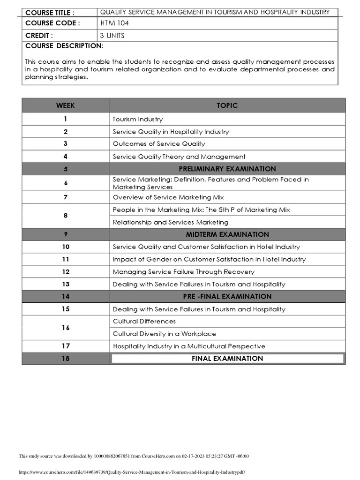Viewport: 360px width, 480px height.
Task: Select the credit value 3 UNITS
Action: click(x=113, y=35)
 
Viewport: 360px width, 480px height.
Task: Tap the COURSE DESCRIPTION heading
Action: click(x=64, y=45)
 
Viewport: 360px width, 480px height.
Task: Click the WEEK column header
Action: click(x=66, y=105)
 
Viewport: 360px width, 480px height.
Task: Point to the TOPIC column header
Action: click(x=227, y=105)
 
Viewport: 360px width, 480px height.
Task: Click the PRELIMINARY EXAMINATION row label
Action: click(x=227, y=169)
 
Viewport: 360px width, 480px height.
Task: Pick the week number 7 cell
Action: click(x=66, y=197)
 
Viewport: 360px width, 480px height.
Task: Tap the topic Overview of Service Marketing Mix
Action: click(x=168, y=197)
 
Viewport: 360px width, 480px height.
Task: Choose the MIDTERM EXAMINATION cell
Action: click(x=227, y=234)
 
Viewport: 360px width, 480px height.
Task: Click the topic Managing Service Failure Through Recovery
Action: click(x=184, y=272)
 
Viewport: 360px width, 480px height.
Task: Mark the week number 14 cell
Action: click(x=66, y=296)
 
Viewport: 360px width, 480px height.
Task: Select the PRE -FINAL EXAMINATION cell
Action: click(x=227, y=296)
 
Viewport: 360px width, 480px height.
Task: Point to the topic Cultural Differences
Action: click(x=144, y=322)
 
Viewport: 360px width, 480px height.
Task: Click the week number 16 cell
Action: click(x=66, y=328)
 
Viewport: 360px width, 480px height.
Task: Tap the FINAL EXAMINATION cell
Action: click(x=227, y=359)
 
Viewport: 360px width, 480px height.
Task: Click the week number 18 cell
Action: click(x=66, y=359)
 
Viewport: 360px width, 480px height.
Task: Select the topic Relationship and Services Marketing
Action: click(x=171, y=222)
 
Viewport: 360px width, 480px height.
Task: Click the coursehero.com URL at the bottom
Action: click(x=132, y=472)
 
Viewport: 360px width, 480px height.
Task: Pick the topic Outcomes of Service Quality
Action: click(x=159, y=144)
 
